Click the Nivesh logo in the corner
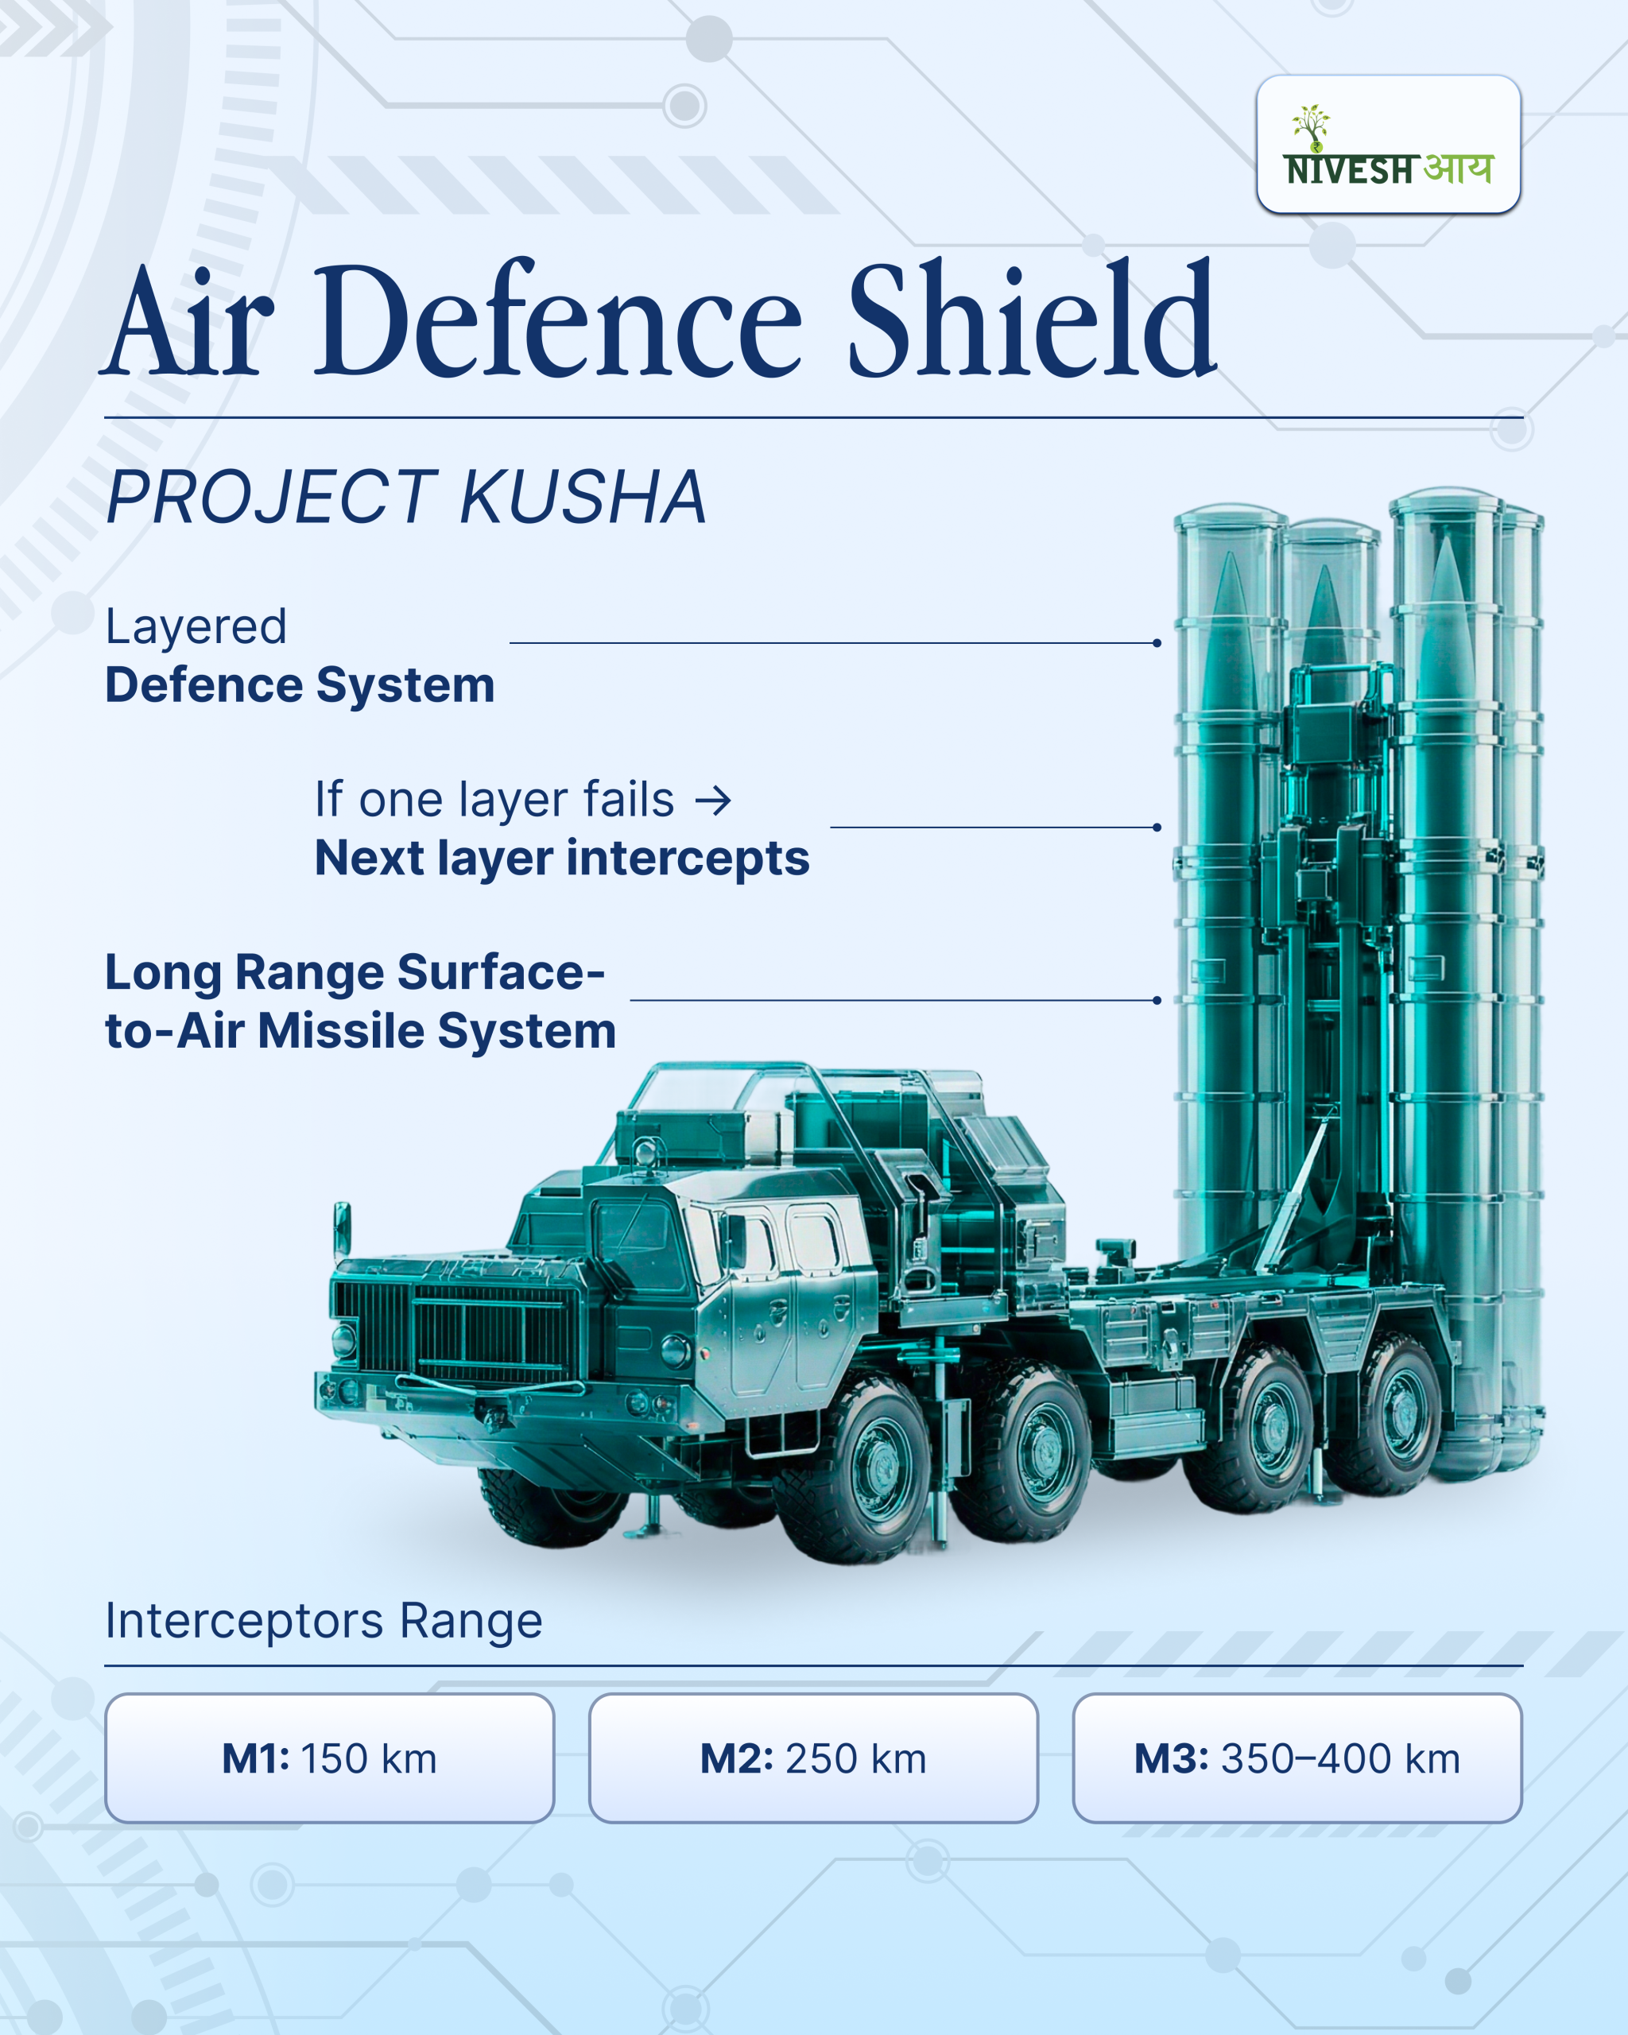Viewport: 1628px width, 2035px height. point(1387,145)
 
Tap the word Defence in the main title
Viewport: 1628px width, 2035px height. point(556,321)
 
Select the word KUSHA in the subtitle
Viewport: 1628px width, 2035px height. point(583,498)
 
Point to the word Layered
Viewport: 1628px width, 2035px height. point(196,626)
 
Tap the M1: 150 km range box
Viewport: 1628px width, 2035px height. point(329,1758)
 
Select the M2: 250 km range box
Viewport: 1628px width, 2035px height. point(812,1758)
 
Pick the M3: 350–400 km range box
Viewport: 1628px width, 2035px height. point(1297,1758)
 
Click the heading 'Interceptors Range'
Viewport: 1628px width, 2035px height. point(324,1621)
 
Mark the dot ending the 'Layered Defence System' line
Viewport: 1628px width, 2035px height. point(1157,643)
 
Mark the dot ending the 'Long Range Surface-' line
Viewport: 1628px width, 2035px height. point(1157,999)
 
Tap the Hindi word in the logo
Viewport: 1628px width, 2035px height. point(1458,168)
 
